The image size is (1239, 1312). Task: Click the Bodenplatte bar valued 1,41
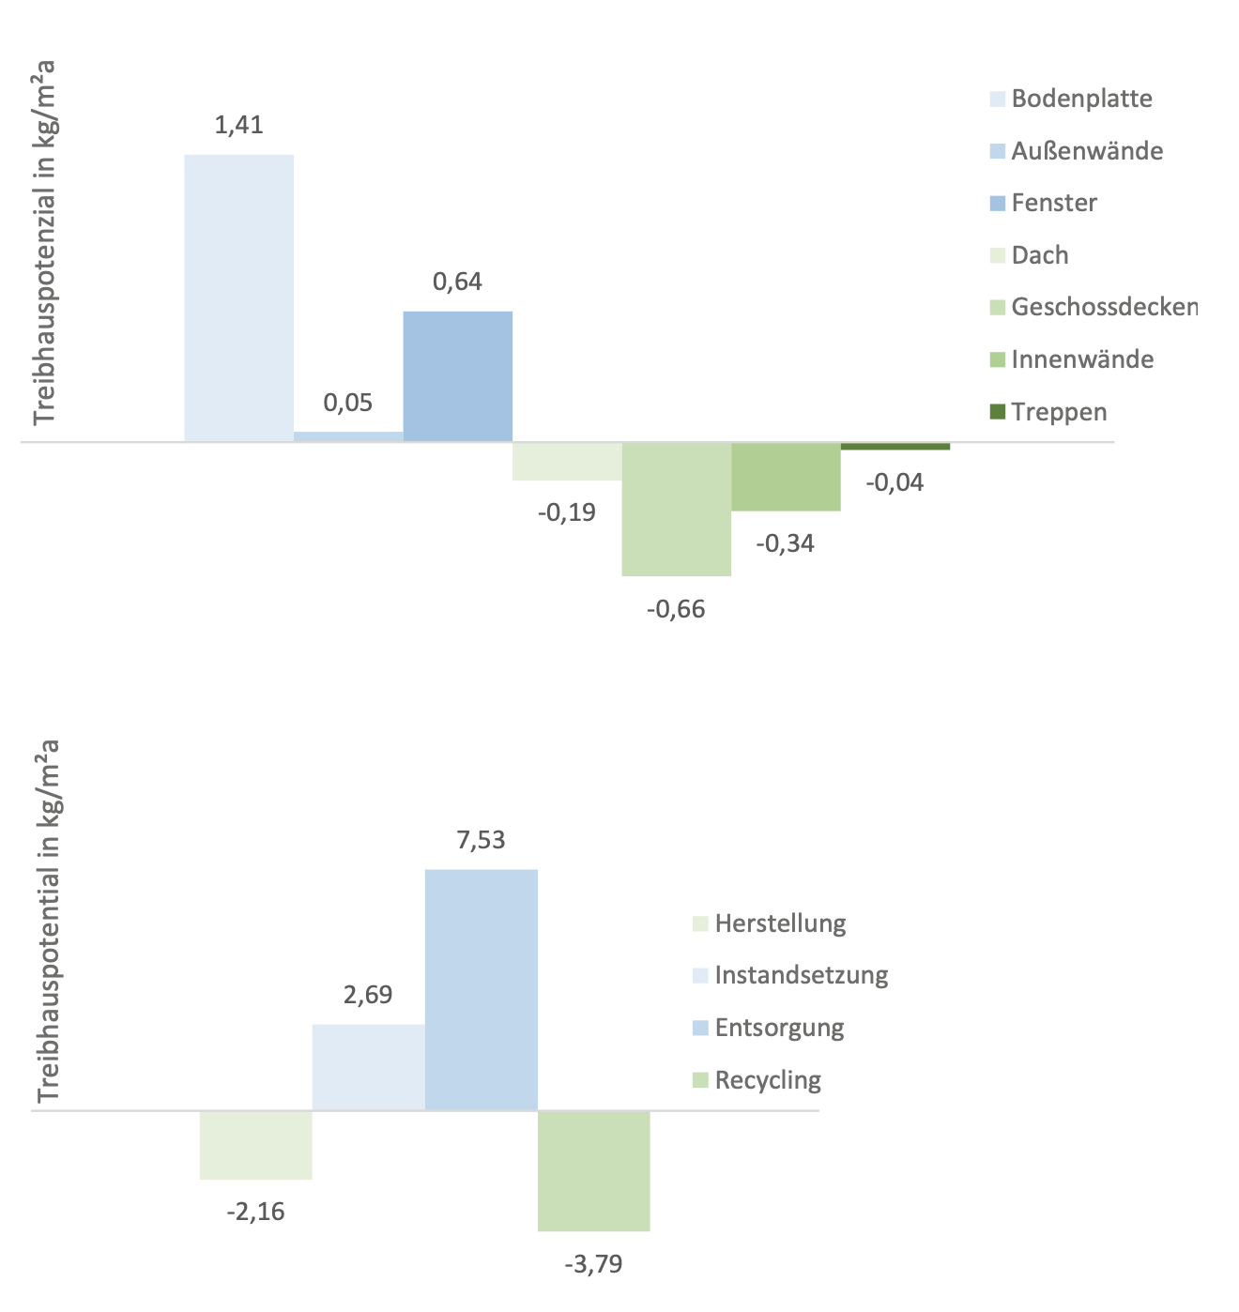(238, 297)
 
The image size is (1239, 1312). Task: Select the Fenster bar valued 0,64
(457, 375)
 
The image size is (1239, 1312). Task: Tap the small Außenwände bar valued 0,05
(348, 436)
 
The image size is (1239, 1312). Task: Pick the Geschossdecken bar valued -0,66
(676, 509)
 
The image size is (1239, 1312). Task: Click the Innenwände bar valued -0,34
(786, 477)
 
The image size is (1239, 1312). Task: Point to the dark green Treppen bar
(895, 446)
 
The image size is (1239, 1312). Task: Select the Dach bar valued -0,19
(567, 461)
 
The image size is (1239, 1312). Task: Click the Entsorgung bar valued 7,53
(481, 989)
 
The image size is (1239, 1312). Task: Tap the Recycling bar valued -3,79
(593, 1170)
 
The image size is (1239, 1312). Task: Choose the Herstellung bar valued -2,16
(255, 1145)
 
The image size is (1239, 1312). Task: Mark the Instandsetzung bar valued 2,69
(368, 1067)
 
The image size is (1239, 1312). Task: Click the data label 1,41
(238, 125)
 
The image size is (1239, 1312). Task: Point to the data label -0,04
(895, 482)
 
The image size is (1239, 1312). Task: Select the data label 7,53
(481, 840)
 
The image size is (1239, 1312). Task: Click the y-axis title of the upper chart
(44, 242)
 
